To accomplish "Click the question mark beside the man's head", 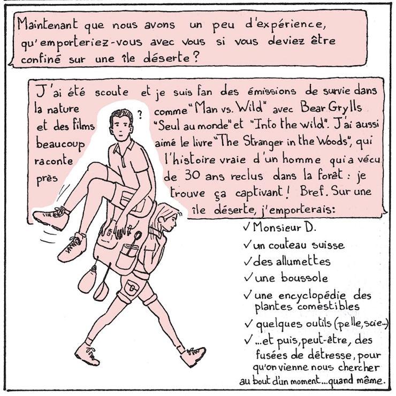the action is (x=140, y=115).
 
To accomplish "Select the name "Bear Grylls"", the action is (x=331, y=108).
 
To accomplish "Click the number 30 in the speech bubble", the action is (x=193, y=176).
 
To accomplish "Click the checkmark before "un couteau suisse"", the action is (x=248, y=245).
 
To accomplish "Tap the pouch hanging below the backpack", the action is (x=87, y=278).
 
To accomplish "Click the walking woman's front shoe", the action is (x=193, y=355).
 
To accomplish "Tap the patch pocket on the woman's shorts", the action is (x=132, y=287).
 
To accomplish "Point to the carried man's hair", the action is (x=121, y=116).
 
